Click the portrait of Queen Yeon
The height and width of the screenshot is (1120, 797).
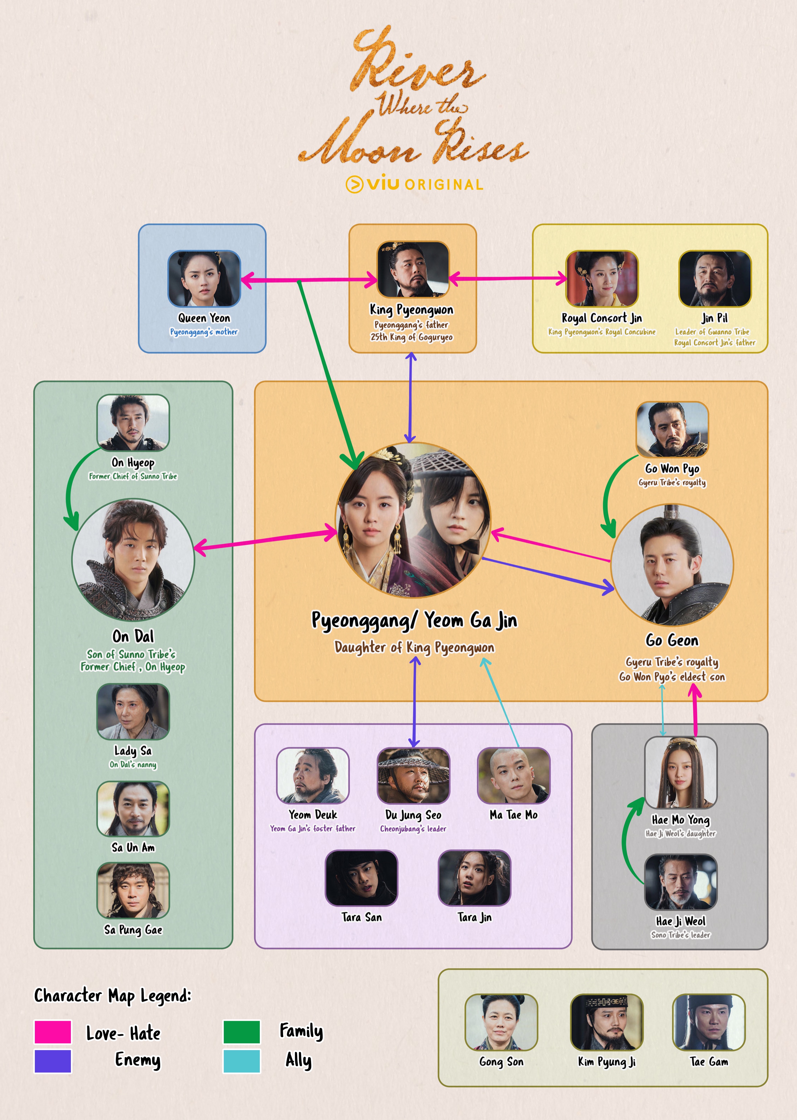[204, 279]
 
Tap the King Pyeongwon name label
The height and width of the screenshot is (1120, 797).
[411, 310]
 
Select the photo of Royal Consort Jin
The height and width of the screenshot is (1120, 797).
[602, 279]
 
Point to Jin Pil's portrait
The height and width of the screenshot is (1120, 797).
[715, 279]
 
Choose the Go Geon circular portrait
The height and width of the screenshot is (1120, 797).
[672, 565]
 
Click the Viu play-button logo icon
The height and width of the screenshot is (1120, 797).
[354, 185]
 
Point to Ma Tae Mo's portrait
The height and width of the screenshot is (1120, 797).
[513, 776]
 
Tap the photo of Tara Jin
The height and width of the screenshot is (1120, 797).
[474, 878]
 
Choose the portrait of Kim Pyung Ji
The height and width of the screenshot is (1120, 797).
[607, 1022]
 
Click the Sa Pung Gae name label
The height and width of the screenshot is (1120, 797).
[133, 930]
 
